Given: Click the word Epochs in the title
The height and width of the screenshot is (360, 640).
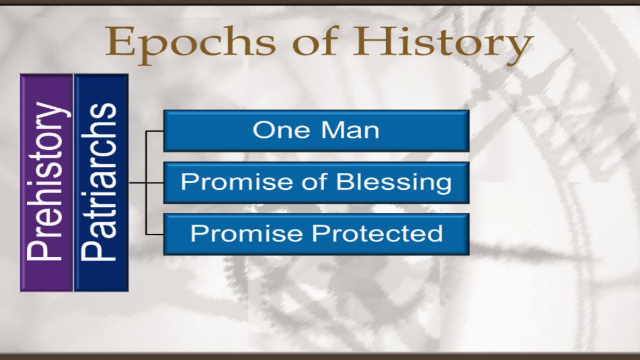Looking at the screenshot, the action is (191, 43).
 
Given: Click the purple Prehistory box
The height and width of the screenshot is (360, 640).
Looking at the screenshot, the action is (46, 182).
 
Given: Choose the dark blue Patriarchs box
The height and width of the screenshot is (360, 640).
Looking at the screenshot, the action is (101, 182).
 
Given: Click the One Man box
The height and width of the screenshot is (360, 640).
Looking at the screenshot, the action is (316, 131).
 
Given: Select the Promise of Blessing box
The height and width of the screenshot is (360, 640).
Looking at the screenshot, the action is (316, 182).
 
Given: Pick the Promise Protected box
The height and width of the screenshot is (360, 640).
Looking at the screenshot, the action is (316, 234).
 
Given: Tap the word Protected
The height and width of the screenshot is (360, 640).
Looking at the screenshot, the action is (378, 233).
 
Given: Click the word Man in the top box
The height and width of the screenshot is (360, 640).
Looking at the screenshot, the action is (350, 130).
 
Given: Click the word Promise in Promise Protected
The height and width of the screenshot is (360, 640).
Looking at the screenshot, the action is (246, 233).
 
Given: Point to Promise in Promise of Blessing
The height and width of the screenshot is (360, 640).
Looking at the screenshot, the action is (237, 181).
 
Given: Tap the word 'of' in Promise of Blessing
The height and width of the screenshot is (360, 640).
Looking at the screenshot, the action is (314, 181).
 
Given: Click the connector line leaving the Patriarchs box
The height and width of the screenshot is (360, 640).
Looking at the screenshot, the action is (138, 182).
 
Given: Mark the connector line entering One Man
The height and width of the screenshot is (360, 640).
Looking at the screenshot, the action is (155, 131).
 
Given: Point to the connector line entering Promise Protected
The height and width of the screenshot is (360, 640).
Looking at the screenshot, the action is (155, 235).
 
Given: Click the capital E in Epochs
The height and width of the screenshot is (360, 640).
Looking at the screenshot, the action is (121, 41).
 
